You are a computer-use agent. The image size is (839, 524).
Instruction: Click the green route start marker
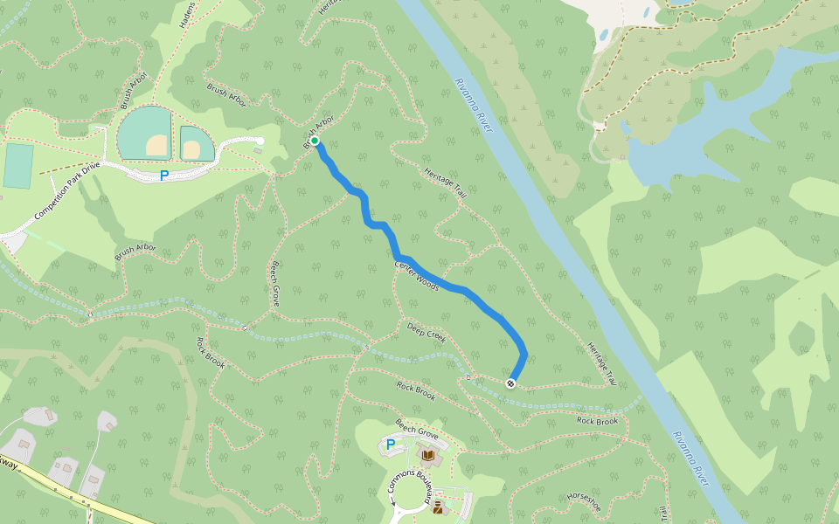pyautogui.click(x=315, y=141)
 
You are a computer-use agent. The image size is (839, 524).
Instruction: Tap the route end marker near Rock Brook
pyautogui.click(x=510, y=383)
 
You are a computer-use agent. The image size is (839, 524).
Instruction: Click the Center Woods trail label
pyautogui.click(x=417, y=276)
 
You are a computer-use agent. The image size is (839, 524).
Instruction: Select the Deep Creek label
pyautogui.click(x=427, y=332)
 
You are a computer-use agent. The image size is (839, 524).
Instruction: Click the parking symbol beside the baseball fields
pyautogui.click(x=163, y=176)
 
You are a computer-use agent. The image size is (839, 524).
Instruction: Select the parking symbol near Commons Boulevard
pyautogui.click(x=391, y=445)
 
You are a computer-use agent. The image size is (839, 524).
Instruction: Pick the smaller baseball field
pyautogui.click(x=196, y=143)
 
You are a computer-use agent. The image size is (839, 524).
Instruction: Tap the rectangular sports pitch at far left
pyautogui.click(x=18, y=166)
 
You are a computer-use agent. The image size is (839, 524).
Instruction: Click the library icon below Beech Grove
pyautogui.click(x=428, y=455)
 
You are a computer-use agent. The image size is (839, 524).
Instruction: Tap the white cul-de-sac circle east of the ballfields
pyautogui.click(x=260, y=141)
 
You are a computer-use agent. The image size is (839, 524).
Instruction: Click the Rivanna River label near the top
pyautogui.click(x=474, y=106)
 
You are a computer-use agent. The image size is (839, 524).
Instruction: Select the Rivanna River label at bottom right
pyautogui.click(x=690, y=458)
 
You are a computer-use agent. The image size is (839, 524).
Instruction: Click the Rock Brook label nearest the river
pyautogui.click(x=598, y=421)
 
